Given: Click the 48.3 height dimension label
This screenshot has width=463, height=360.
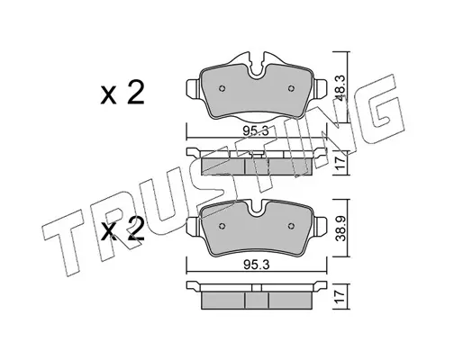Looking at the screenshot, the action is (x=341, y=87).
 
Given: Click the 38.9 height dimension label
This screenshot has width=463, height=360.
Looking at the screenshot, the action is (x=341, y=229).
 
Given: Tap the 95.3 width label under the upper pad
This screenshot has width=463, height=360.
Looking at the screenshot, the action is (x=256, y=131).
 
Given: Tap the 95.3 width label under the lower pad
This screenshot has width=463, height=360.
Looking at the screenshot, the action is (x=256, y=265).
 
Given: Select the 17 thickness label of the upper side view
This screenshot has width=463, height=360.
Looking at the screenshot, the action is (x=341, y=164).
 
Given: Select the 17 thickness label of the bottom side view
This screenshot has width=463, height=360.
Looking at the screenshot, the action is (x=341, y=297).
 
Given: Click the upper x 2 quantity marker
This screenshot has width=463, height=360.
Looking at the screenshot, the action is (x=123, y=93).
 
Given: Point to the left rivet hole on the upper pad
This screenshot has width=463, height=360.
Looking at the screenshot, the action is (x=222, y=88).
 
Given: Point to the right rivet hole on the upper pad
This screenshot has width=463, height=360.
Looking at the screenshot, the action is (x=291, y=88).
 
